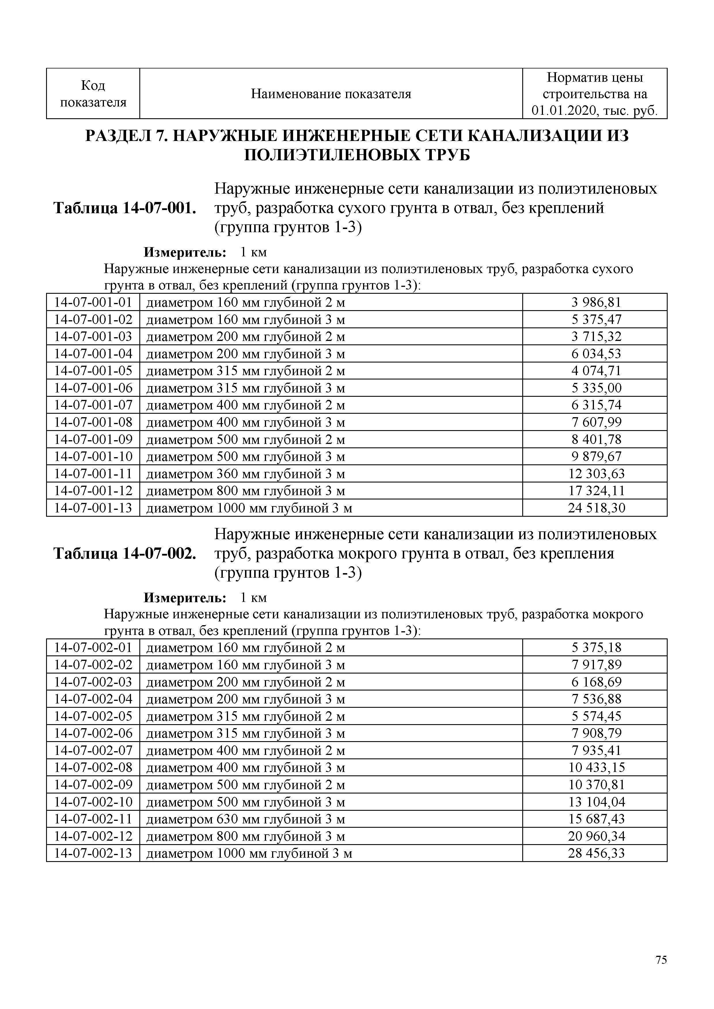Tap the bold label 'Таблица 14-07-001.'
pyautogui.click(x=124, y=208)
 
